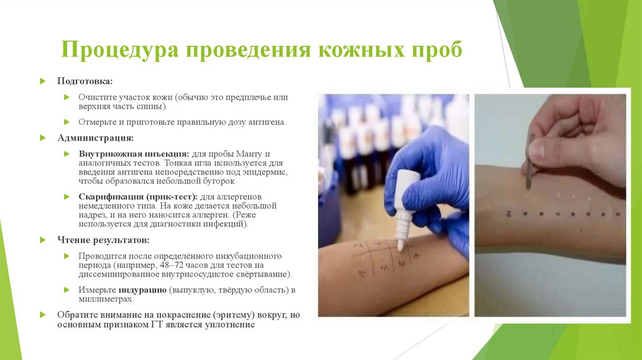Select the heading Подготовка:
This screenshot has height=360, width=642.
point(85,82)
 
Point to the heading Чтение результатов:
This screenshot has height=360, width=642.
point(103,240)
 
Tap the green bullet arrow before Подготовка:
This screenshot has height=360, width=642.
point(43,82)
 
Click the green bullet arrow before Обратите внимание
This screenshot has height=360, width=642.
point(43,315)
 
